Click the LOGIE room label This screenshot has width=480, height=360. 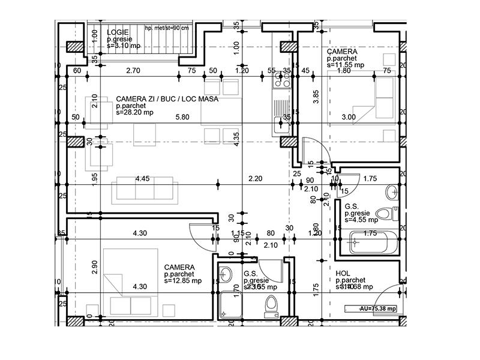(118, 32)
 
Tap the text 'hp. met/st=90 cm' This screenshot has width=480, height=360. (167, 28)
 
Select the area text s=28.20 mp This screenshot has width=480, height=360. (134, 112)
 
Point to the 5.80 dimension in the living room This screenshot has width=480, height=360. (182, 117)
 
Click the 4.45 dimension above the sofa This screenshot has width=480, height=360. (142, 178)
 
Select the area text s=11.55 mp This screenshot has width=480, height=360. (346, 65)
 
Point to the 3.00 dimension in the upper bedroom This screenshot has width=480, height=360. (349, 117)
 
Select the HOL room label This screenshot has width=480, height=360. (343, 273)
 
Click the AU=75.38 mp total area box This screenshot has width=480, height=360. (370, 308)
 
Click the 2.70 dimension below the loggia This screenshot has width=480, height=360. (133, 71)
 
